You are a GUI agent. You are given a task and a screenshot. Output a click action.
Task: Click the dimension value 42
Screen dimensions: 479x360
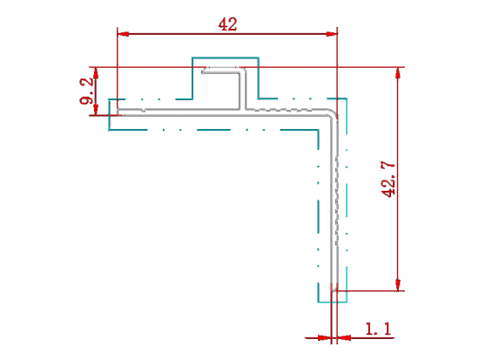(227, 24)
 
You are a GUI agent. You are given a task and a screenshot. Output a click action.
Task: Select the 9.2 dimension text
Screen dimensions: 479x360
(86, 91)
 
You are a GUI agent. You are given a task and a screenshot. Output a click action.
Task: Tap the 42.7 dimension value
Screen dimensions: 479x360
(388, 180)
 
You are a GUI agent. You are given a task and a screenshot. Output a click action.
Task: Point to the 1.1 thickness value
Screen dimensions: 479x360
(378, 329)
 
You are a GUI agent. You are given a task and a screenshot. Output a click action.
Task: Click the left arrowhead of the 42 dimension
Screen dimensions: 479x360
(123, 34)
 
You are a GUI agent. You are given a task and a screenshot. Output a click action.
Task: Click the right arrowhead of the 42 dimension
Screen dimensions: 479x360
(332, 34)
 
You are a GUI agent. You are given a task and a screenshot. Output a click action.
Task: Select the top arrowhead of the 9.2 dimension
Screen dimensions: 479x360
(96, 72)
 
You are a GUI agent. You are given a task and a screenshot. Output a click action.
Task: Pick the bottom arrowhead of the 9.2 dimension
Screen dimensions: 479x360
(96, 110)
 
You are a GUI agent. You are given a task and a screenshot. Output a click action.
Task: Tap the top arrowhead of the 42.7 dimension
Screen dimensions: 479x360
(398, 73)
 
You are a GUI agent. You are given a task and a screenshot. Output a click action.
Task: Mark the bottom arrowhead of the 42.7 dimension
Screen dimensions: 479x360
(398, 285)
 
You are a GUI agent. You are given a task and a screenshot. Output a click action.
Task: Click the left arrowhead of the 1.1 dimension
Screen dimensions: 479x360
(324, 338)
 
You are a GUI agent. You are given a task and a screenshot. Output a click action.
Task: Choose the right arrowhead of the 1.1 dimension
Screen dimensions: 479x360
(344, 338)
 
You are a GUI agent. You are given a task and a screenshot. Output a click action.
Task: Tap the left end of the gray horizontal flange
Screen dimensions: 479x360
(118, 112)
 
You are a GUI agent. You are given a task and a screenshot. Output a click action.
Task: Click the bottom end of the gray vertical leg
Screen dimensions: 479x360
(334, 289)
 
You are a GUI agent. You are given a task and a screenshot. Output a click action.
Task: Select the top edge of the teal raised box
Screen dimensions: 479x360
(226, 58)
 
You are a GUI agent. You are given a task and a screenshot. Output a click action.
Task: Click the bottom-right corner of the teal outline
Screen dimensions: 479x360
(347, 302)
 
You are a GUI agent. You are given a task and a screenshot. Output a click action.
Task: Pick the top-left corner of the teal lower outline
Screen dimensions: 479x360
(109, 99)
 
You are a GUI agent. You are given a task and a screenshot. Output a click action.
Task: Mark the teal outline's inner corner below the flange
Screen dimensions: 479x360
(318, 130)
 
